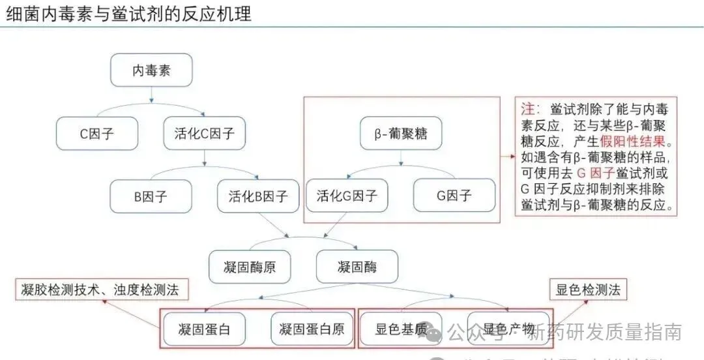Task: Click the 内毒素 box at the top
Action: coord(151,70)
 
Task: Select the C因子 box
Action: coord(97,134)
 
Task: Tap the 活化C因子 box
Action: coord(204,134)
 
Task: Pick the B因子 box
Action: coord(151,196)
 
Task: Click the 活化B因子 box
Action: coord(258,196)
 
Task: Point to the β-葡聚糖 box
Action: coord(401,134)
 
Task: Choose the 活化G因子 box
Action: coord(347,195)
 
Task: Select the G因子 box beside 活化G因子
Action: coord(454,195)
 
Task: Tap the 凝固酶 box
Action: coord(357,266)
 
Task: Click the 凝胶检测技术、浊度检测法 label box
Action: coord(99,289)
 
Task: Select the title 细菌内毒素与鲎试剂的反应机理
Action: coord(129,14)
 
